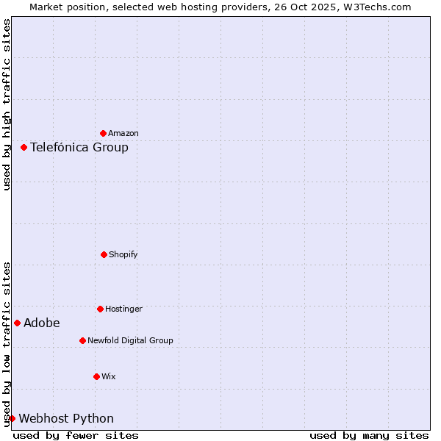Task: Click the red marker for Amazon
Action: point(103,133)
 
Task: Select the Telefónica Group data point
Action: point(24,147)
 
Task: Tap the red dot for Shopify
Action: point(104,254)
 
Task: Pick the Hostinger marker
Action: point(100,309)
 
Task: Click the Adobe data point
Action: point(17,323)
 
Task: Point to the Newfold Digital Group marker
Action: point(82,340)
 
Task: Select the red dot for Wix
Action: point(96,376)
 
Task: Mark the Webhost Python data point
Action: point(12,418)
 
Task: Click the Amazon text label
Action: point(123,134)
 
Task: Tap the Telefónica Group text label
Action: point(79,148)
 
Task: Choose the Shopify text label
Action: point(123,255)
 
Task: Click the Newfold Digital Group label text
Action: point(130,341)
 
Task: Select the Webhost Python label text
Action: point(66,419)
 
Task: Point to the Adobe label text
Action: point(42,323)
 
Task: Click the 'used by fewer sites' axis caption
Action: point(76,436)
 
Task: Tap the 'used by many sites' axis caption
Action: point(369,436)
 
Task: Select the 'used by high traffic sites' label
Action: point(7,104)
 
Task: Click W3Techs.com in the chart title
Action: point(379,7)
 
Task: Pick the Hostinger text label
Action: point(123,309)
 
